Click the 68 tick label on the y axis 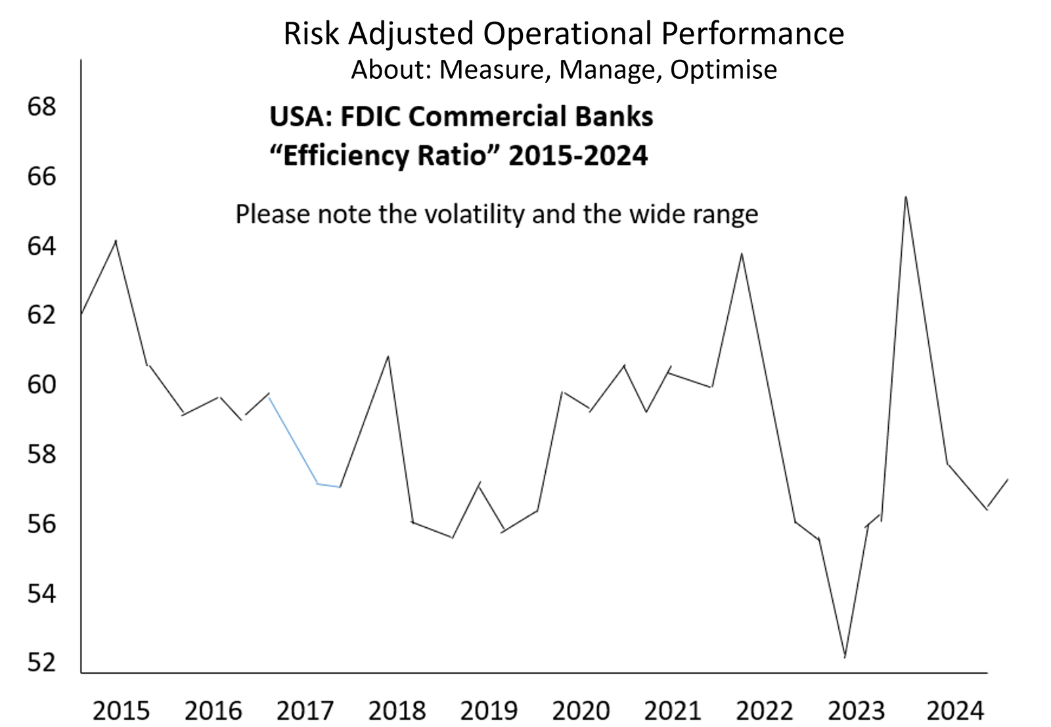pos(41,106)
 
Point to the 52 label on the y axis pos(41,663)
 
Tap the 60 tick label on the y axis pos(41,385)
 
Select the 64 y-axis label pos(41,246)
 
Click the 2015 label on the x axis pos(121,711)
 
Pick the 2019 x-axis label pos(489,711)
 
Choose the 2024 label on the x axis pos(955,711)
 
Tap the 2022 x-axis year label pos(765,711)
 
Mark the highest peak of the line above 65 pos(906,197)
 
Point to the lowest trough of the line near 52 pos(845,656)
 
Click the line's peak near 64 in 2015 pos(116,241)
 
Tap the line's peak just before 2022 pos(742,254)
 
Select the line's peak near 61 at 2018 pos(388,357)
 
